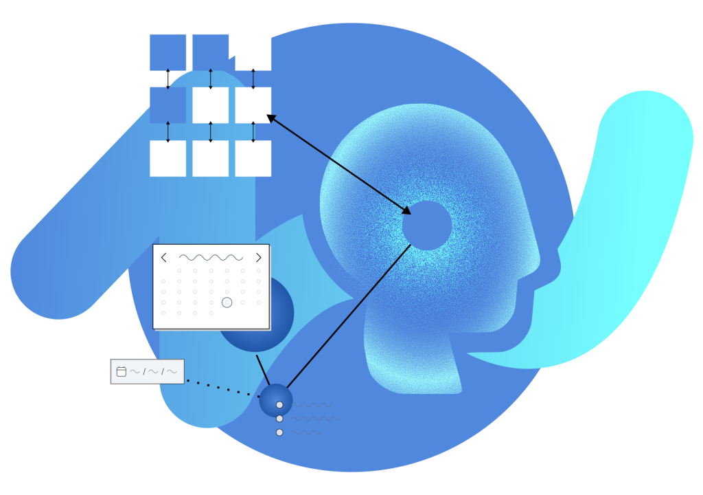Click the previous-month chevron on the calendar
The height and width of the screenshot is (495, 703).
pyautogui.click(x=163, y=258)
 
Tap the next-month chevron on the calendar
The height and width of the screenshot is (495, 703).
pyautogui.click(x=258, y=258)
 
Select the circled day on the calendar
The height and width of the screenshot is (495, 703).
pyautogui.click(x=227, y=302)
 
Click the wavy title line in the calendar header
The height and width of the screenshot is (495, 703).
pyautogui.click(x=211, y=258)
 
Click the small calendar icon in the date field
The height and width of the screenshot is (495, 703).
pyautogui.click(x=122, y=371)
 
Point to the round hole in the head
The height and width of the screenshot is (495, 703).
pyautogui.click(x=426, y=225)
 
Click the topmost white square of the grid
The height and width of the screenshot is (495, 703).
pyautogui.click(x=253, y=52)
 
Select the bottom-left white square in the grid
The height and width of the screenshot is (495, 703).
pyautogui.click(x=168, y=159)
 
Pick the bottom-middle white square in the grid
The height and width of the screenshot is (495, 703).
pyautogui.click(x=210, y=159)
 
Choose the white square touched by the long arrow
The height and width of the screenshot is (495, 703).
pyautogui.click(x=253, y=105)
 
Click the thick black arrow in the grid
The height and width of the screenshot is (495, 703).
pyautogui.click(x=168, y=79)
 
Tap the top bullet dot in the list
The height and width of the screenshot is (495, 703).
pyautogui.click(x=279, y=405)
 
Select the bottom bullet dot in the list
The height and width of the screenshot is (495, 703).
pyautogui.click(x=279, y=432)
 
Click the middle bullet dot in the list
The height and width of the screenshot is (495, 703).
pyautogui.click(x=279, y=419)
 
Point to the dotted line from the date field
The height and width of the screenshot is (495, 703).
pyautogui.click(x=220, y=388)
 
